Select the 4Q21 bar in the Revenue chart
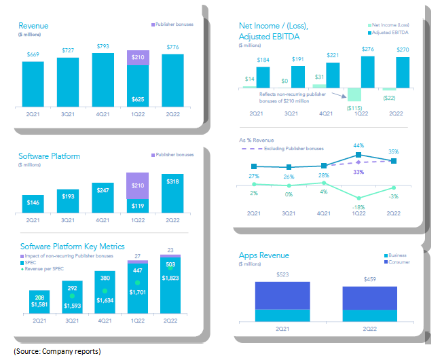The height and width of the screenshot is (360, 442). coord(103,77)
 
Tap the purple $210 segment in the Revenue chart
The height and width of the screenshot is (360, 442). coord(138,58)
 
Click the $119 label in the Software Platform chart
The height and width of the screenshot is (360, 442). coord(138,207)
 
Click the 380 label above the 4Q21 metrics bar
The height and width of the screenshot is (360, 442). coord(103,276)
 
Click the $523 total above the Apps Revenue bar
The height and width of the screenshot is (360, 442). coord(282,275)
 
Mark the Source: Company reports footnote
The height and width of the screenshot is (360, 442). coord(57,351)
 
